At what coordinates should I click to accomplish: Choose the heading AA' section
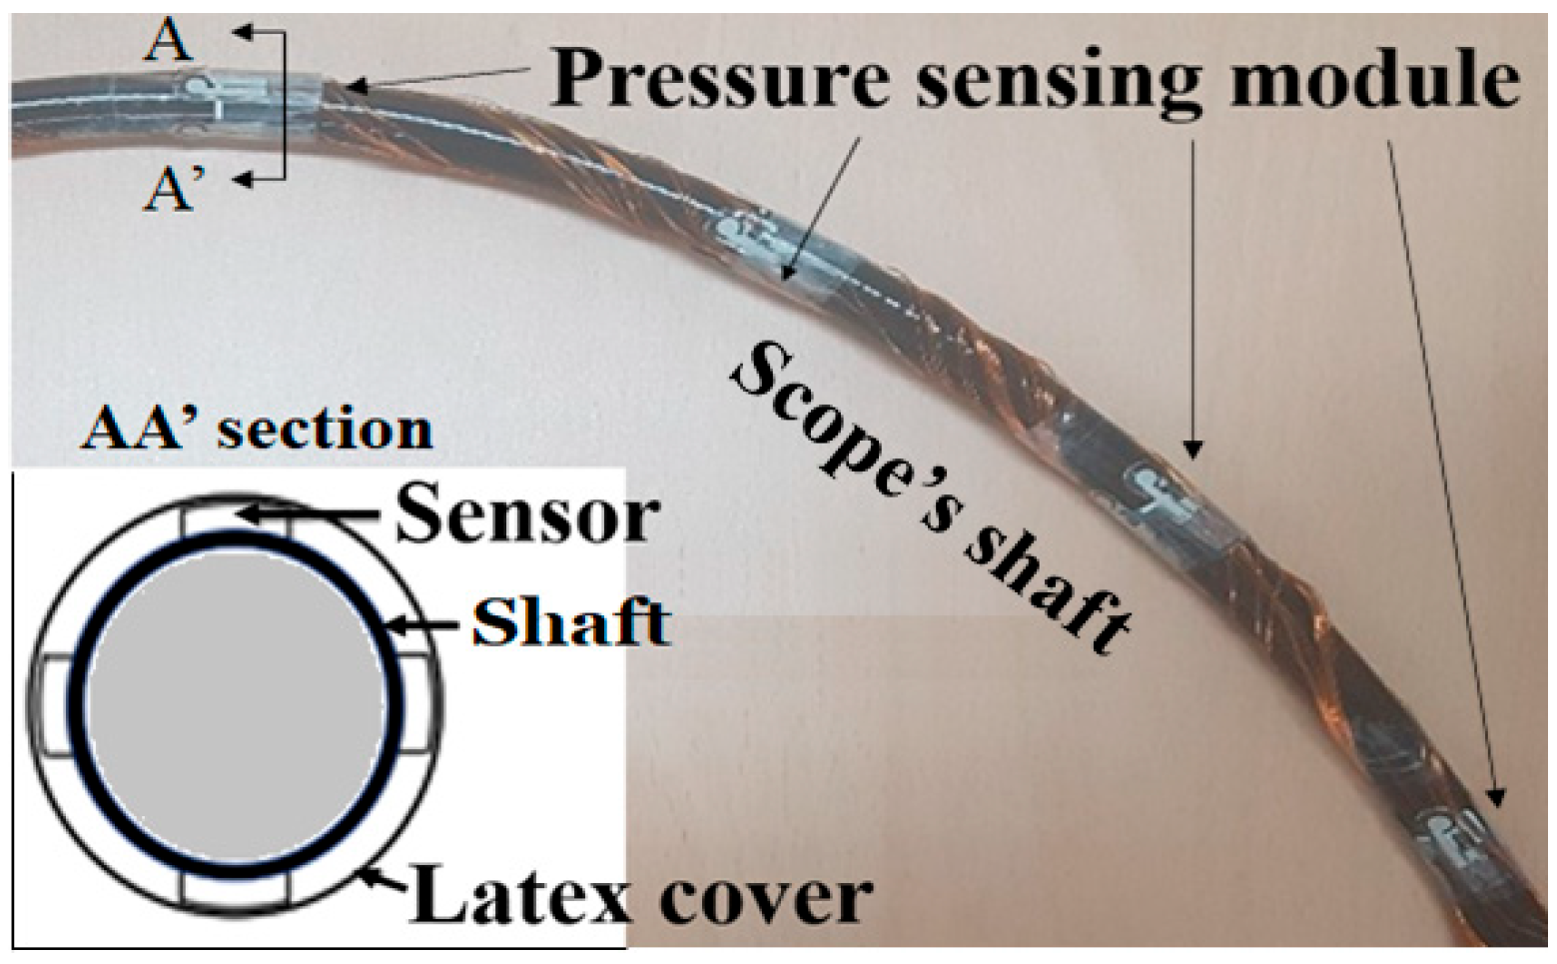point(258,429)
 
